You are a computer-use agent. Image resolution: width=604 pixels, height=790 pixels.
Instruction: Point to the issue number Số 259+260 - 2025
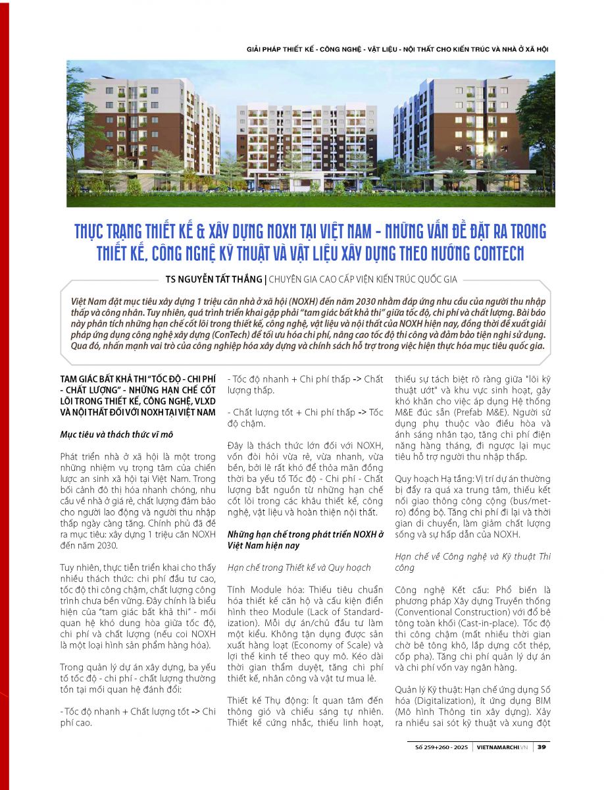pyautogui.click(x=441, y=747)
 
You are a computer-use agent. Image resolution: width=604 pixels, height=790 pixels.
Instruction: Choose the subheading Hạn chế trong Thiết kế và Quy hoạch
pyautogui.click(x=299, y=567)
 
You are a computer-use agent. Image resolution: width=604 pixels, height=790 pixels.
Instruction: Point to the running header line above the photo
pyautogui.click(x=397, y=49)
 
